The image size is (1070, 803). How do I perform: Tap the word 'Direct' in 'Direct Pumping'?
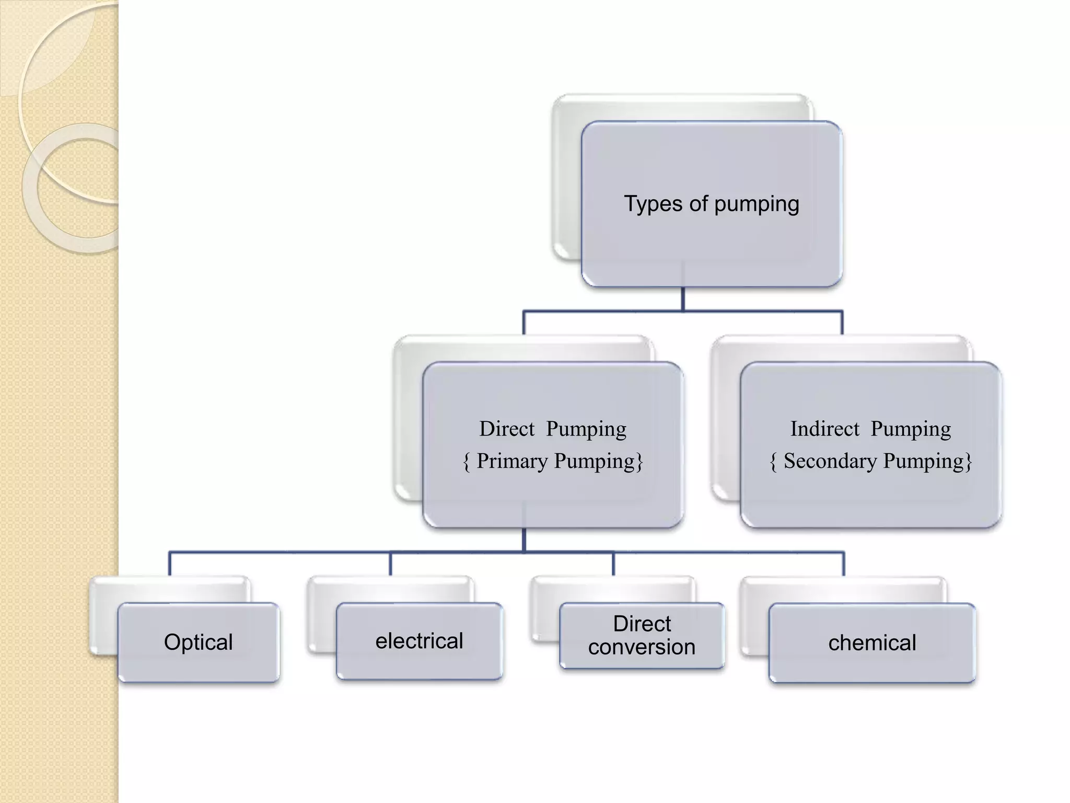[507, 429]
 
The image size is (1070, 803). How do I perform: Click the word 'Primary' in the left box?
[512, 461]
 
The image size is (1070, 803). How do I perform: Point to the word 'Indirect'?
[824, 429]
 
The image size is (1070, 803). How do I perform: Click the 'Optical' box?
[199, 642]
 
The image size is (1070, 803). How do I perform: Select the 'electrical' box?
[420, 641]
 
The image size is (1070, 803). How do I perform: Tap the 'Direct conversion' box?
[642, 635]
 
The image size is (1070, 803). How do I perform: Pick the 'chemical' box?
[872, 643]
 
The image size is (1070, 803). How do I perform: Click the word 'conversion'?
[642, 647]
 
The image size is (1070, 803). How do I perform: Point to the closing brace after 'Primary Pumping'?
[639, 462]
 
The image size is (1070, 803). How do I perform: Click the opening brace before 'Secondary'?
[774, 462]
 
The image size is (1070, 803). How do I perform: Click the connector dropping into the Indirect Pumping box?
[842, 323]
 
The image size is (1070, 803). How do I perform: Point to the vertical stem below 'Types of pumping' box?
[683, 299]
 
